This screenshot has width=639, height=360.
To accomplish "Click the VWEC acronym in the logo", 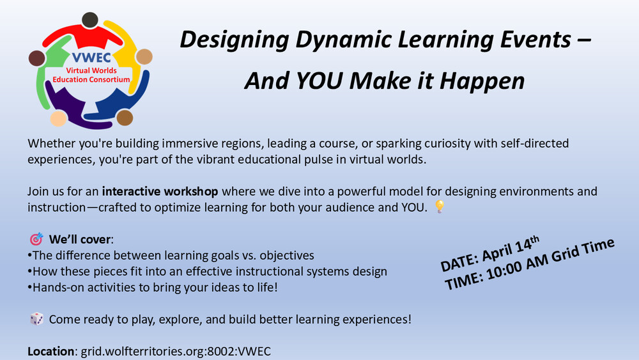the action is point(91,58).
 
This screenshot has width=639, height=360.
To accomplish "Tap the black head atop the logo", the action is point(89,20).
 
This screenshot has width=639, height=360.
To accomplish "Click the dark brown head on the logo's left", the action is point(36,58).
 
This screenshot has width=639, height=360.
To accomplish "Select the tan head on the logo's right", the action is point(144,57).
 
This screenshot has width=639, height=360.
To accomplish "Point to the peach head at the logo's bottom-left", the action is point(58,118).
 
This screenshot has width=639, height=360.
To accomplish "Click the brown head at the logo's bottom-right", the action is point(125,118).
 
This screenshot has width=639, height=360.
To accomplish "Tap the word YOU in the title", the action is point(319,81).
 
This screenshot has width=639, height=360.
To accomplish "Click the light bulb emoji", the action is point(440,207).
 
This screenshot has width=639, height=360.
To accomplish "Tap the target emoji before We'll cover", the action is point(36,239).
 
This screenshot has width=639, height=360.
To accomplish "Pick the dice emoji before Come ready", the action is point(36,319).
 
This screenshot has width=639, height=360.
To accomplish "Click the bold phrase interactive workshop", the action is point(160,192).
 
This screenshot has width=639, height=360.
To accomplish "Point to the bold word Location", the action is point(50,351).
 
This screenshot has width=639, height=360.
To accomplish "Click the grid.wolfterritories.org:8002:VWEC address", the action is point(176,352).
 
